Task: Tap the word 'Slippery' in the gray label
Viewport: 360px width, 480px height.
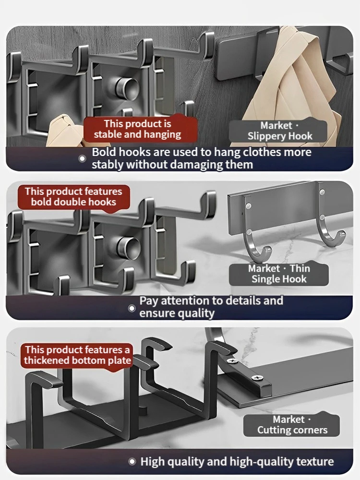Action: click(x=266, y=136)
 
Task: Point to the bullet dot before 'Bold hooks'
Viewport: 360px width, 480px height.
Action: click(x=83, y=159)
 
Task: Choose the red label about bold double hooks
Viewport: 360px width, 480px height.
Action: click(x=73, y=197)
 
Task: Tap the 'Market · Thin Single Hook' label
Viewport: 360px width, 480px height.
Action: click(x=278, y=274)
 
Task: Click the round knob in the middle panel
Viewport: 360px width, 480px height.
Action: click(x=128, y=246)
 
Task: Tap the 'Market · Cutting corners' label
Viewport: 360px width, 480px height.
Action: click(x=292, y=425)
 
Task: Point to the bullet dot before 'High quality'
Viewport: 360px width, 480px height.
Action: click(x=132, y=462)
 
